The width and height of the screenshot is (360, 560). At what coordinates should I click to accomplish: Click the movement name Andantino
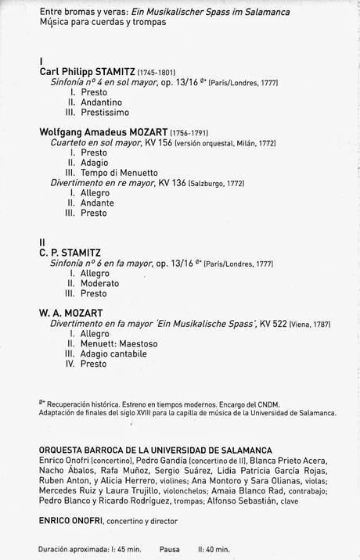(x=101, y=102)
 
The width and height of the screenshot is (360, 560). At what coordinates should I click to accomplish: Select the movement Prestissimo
(x=105, y=113)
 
